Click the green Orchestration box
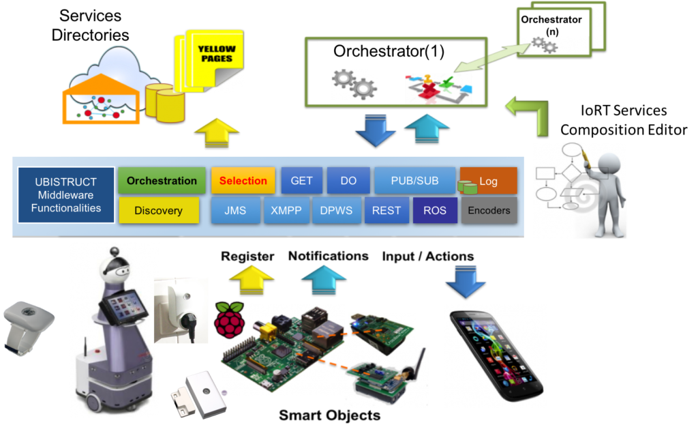coord(162,181)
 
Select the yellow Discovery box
coord(159,211)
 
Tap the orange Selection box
coord(243,181)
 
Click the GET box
coord(301,181)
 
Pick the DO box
coord(348,181)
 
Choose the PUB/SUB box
coord(414,181)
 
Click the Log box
coord(488,181)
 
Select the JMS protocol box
coord(235,211)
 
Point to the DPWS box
coord(336,211)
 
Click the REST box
coord(386,211)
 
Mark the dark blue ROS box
coord(434,211)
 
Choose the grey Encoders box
coord(489,211)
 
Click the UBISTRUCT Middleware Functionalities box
coord(66,195)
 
